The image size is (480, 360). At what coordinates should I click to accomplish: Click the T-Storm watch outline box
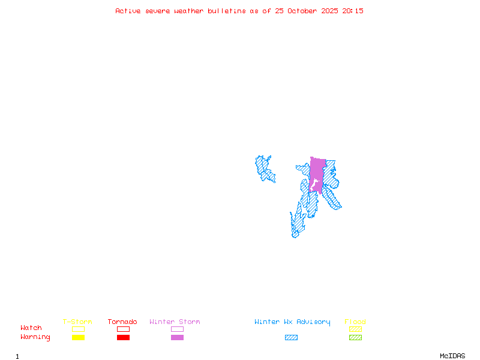coord(78,329)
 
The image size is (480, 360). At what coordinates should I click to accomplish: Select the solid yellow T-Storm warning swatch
coord(78,337)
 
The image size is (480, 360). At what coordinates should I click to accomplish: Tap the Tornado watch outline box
coord(123,329)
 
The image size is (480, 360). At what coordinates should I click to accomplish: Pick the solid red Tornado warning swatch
coord(123,337)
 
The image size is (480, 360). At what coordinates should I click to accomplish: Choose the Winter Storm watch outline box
coord(177,329)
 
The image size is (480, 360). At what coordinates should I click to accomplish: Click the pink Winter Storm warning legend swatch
coord(177,337)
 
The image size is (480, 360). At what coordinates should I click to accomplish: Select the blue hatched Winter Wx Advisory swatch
coord(291,337)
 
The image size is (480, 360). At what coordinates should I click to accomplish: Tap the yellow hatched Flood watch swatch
coord(355,329)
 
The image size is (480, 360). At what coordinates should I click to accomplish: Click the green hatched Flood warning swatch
coord(355,337)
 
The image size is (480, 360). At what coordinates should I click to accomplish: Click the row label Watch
coord(31,328)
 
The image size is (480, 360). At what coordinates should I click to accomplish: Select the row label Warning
coord(35,337)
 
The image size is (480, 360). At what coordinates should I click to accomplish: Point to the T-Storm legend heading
coord(77,322)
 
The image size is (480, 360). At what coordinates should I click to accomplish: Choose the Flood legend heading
coord(355,322)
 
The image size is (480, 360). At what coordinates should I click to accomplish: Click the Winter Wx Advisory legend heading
coord(292,322)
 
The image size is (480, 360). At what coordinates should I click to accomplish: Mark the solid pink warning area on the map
coord(317,171)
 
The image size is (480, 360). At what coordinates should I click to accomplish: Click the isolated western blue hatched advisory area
coord(263,168)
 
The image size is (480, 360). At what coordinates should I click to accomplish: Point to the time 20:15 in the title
coord(353,11)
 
